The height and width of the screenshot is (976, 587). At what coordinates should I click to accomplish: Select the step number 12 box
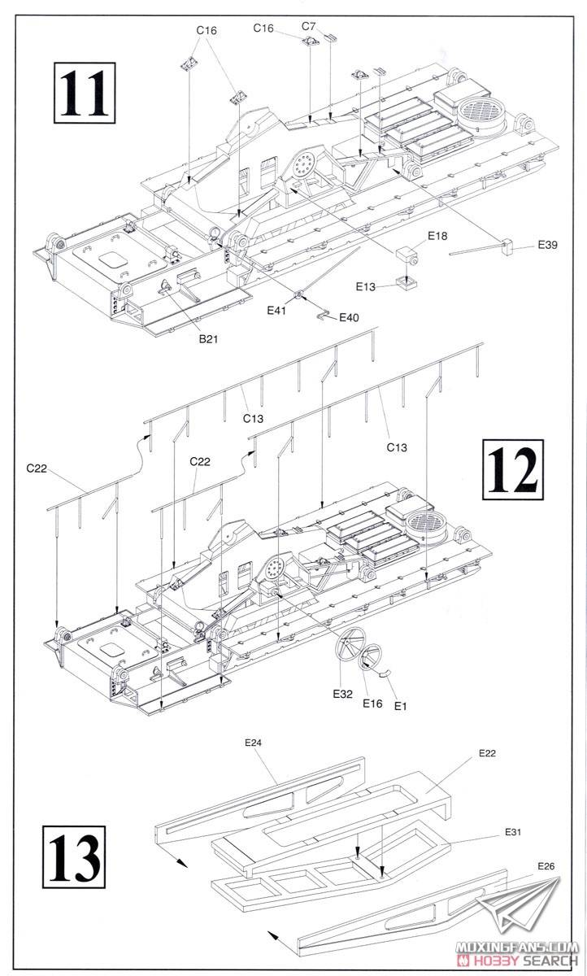(x=512, y=469)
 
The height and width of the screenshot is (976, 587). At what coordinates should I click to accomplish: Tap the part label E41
(x=278, y=310)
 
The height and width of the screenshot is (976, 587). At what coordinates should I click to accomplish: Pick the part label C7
(x=308, y=27)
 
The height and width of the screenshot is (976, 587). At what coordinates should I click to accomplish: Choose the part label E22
(x=487, y=753)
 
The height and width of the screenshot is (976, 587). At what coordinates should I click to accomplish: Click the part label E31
(x=512, y=832)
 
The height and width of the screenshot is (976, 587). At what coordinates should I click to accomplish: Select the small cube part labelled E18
(x=406, y=254)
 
